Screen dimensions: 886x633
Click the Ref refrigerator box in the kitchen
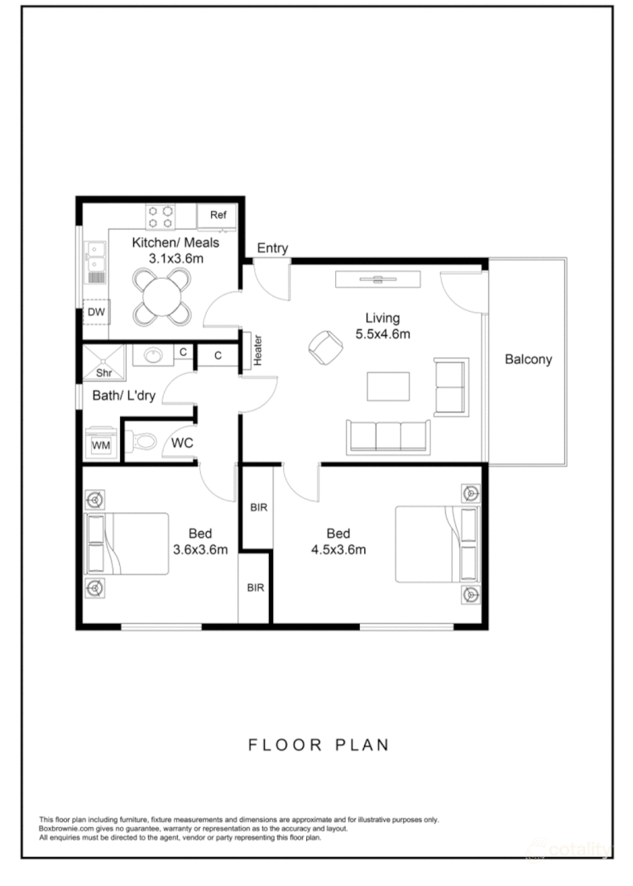click(x=218, y=216)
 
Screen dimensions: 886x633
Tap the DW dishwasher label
click(x=97, y=312)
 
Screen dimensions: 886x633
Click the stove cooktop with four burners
click(x=161, y=217)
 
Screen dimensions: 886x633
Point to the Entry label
click(x=272, y=248)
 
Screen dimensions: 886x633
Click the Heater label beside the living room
click(x=257, y=351)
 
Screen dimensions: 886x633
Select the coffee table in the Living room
click(x=388, y=386)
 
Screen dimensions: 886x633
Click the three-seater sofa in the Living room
click(x=388, y=435)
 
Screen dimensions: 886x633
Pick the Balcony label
click(x=528, y=360)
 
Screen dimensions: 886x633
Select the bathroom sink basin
click(x=154, y=355)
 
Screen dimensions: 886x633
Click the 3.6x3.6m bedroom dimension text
click(x=200, y=549)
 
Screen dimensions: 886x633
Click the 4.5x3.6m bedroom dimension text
click(x=338, y=549)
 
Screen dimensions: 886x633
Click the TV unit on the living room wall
click(x=379, y=279)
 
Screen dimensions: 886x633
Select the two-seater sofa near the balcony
click(x=452, y=386)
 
